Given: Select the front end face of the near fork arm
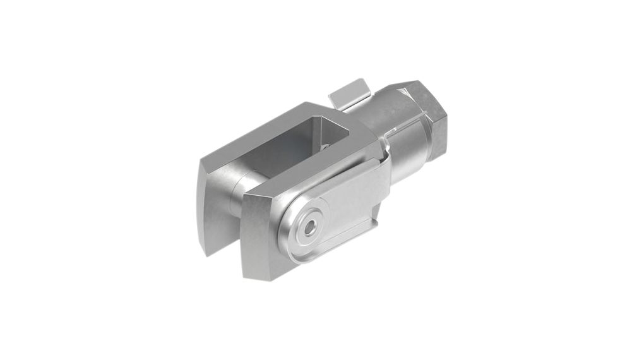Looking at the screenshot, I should coord(260,237).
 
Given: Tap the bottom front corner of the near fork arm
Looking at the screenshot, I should coord(249,275).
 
